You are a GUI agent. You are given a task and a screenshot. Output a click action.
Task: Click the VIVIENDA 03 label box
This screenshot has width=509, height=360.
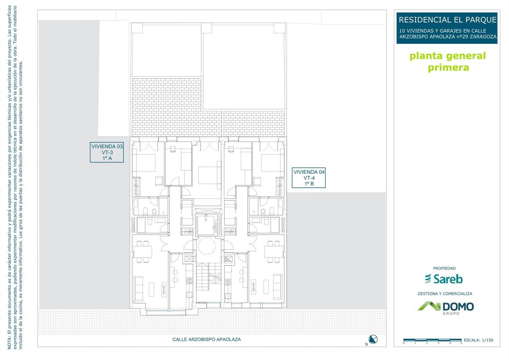point(107,152)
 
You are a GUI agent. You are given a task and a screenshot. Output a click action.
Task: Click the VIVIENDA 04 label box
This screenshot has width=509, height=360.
point(308,178)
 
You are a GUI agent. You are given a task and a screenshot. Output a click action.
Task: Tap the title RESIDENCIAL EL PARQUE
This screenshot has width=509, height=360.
point(448,20)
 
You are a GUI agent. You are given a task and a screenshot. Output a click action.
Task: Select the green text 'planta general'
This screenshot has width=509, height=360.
point(448,56)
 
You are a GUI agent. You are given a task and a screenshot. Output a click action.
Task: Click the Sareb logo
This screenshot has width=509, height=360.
point(444,279)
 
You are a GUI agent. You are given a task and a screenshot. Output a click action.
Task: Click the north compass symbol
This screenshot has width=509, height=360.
point(373,339)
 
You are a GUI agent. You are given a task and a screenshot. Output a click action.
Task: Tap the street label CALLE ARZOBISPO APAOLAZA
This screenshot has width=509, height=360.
point(207,340)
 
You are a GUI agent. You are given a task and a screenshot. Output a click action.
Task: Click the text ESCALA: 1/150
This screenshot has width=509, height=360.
point(478,340)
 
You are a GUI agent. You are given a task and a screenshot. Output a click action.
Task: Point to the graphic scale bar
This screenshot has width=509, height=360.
point(432,340)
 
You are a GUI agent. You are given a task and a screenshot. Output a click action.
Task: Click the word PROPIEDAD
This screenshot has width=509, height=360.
point(444,268)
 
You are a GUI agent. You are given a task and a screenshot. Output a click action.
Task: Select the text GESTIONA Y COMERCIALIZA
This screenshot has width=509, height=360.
point(445,294)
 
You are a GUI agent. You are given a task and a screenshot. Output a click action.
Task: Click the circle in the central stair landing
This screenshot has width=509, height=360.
point(207,246)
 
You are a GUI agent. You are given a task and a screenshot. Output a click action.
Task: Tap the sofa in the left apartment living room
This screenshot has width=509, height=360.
point(138,289)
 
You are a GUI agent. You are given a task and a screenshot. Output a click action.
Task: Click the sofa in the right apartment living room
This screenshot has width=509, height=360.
point(278,287)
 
